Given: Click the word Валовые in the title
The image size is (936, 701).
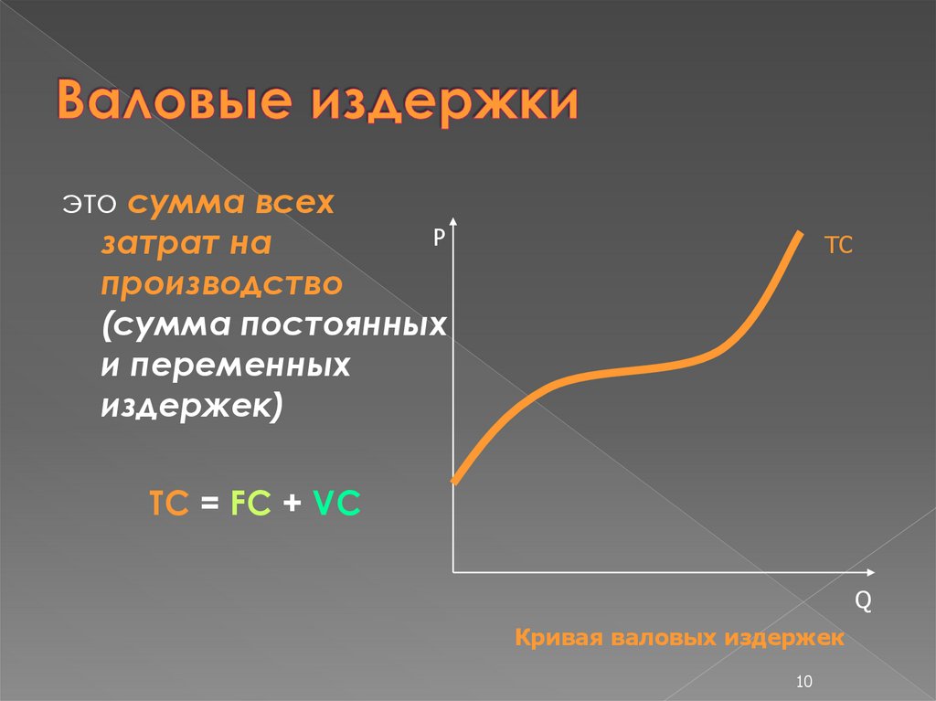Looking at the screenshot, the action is point(175,99).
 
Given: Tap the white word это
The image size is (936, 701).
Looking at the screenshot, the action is point(90,204).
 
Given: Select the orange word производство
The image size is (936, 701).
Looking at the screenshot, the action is point(221,285).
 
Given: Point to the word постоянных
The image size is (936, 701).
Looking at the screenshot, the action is point(344,325).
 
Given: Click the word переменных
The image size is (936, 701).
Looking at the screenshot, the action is point(240,366).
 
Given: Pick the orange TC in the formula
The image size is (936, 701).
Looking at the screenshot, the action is point(169,503).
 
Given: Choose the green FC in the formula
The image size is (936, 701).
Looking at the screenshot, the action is point(250,503).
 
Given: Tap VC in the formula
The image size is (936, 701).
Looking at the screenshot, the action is point(336,503).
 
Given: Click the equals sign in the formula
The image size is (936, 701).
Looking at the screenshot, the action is point(209,503).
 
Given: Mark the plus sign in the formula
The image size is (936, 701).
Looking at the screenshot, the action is point(292,503).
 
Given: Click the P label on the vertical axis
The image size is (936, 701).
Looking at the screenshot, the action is point(440,237).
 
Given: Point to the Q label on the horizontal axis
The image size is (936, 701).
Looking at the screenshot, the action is point(863,600).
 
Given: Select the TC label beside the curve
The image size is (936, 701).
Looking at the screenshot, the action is point(838,246).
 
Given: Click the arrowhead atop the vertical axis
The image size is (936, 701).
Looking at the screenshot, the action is point(453,221).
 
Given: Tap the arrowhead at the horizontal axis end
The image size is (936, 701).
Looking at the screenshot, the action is point(870,573).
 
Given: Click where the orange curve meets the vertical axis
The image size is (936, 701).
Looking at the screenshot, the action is point(454,480).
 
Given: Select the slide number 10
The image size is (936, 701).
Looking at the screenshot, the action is point(804,681).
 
